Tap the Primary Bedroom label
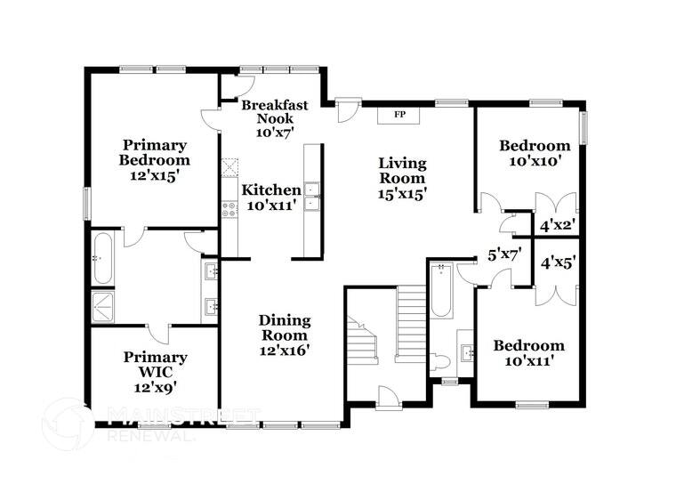[155, 160]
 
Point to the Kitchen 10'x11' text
[271, 198]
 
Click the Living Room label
[402, 178]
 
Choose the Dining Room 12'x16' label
[284, 335]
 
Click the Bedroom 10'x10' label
[534, 154]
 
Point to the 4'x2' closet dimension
[557, 226]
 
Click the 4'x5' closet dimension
[557, 262]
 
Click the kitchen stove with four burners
[229, 210]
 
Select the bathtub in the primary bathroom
[102, 257]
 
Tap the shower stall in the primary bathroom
[102, 306]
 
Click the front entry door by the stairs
[389, 398]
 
